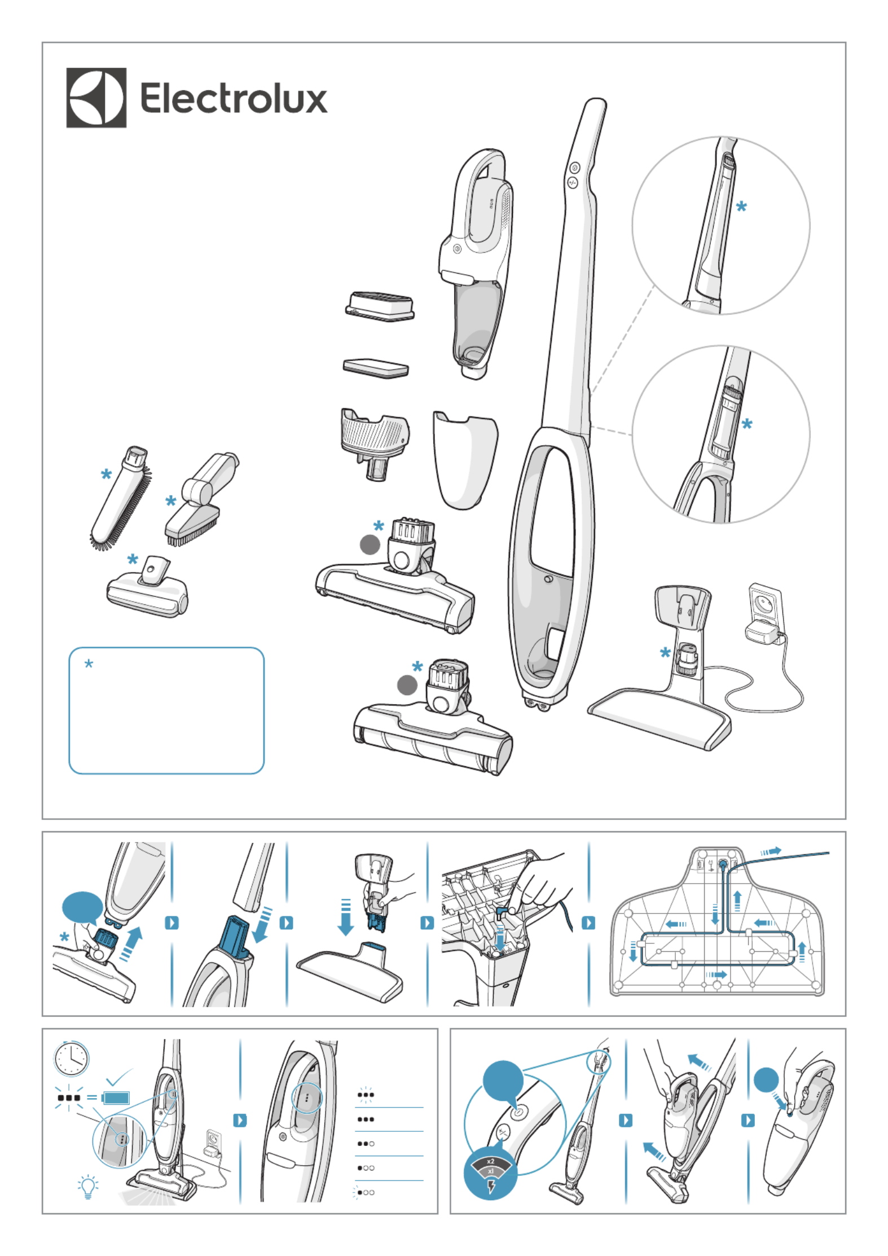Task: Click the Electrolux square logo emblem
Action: (96, 98)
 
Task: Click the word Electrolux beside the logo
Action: (234, 98)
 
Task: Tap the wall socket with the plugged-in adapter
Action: (765, 603)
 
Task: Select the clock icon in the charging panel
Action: (72, 1059)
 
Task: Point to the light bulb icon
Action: (87, 1187)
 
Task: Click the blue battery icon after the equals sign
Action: (117, 1097)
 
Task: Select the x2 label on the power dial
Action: (490, 1161)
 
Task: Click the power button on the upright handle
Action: (574, 168)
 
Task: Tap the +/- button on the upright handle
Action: (572, 182)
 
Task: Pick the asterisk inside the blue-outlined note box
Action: (89, 664)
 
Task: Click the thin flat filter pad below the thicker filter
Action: (376, 367)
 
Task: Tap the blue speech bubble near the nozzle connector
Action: (82, 908)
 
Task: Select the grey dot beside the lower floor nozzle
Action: (407, 686)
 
